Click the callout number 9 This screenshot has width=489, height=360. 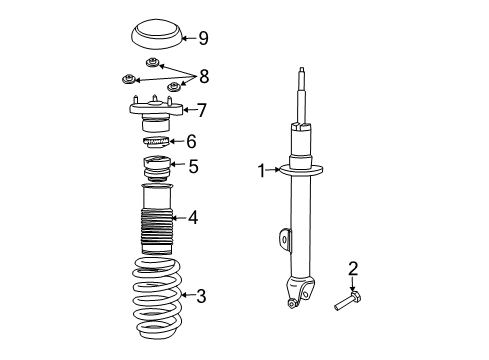click(203, 39)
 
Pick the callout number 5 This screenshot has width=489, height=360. click(194, 166)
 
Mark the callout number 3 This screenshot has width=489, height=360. click(201, 296)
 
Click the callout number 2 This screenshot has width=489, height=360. click(352, 267)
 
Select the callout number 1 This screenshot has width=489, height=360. click(262, 171)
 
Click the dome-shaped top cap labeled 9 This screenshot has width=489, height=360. click(155, 40)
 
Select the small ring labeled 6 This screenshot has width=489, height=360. click(154, 143)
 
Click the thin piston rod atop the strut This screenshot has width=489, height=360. click(301, 95)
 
